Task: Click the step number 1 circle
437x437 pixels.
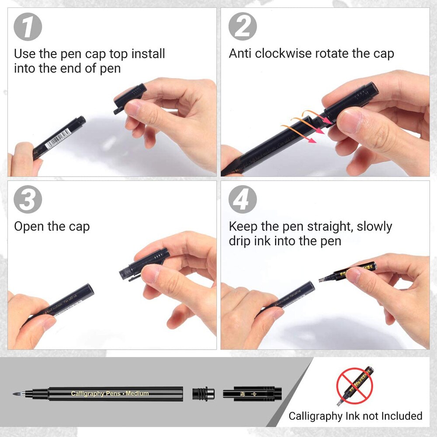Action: pyautogui.click(x=28, y=27)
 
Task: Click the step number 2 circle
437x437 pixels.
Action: pyautogui.click(x=243, y=27)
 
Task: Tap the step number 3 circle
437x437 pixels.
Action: pyautogui.click(x=28, y=200)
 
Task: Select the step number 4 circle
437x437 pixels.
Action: pyautogui.click(x=243, y=200)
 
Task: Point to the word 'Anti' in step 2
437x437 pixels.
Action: pyautogui.click(x=240, y=54)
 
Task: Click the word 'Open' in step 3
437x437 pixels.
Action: pyautogui.click(x=29, y=226)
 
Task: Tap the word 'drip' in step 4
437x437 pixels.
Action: pyautogui.click(x=241, y=241)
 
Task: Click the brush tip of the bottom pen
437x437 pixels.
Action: pyautogui.click(x=20, y=393)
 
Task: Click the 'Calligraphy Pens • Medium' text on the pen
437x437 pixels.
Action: pyautogui.click(x=110, y=393)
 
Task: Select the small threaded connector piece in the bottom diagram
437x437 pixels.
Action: pyautogui.click(x=203, y=393)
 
